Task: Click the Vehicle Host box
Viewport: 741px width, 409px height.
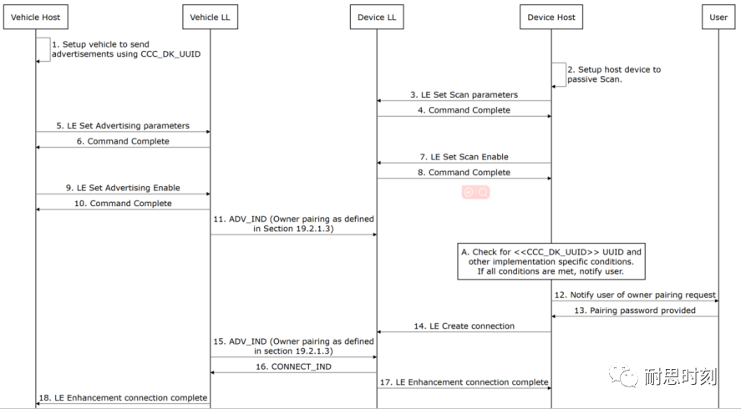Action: [x=35, y=17]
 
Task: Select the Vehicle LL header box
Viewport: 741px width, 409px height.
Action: [x=209, y=17]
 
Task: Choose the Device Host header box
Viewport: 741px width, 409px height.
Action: [x=551, y=17]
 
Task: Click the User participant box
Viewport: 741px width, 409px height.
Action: [x=718, y=17]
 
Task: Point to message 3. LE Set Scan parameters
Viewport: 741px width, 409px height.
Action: [x=464, y=94]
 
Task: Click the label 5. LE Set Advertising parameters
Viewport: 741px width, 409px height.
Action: [x=123, y=126]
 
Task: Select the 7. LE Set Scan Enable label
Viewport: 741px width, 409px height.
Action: [x=464, y=157]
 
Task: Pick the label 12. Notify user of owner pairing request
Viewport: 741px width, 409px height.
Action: [x=635, y=295]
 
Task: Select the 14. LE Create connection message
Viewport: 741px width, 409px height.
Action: [x=464, y=326]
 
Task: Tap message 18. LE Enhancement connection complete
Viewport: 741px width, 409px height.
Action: [x=124, y=397]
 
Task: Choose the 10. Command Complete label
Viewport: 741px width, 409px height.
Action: [x=123, y=204]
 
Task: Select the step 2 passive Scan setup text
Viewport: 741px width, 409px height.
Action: [x=614, y=74]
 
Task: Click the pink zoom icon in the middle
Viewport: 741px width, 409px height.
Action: [x=475, y=192]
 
